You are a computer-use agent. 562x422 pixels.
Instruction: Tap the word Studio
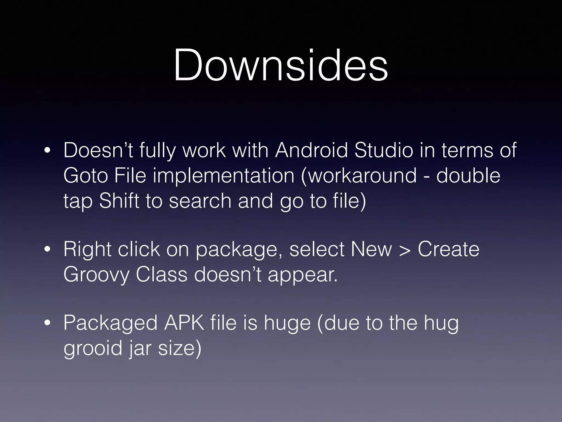tap(384, 150)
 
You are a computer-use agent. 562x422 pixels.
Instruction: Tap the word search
tap(200, 200)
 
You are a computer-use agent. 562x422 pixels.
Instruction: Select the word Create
tap(448, 249)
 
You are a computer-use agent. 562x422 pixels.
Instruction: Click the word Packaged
tap(110, 324)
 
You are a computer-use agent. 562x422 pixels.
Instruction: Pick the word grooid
tap(93, 349)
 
